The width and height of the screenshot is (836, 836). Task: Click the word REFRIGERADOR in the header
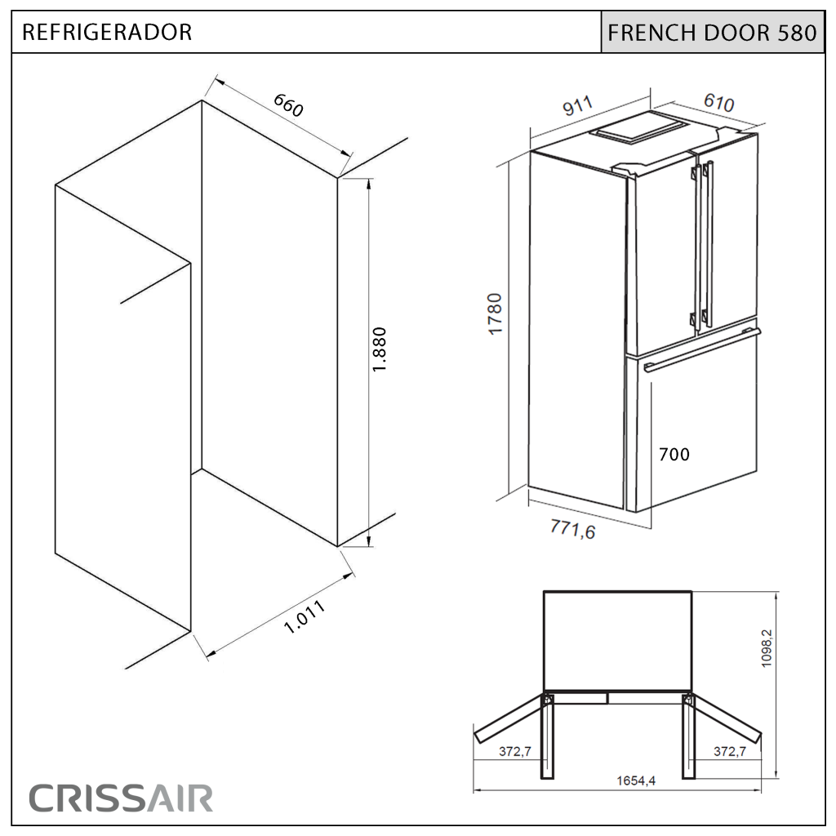(107, 32)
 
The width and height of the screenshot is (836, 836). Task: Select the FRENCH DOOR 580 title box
(712, 32)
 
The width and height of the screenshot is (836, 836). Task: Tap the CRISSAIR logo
(121, 798)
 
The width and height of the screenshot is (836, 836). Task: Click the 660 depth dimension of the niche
(288, 105)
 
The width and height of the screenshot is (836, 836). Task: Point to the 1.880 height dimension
(379, 349)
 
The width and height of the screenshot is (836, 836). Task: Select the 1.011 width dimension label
(304, 617)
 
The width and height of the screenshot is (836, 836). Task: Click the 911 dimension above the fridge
(577, 105)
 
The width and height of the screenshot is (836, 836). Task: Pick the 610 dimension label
(718, 102)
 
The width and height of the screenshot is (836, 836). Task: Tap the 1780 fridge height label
(496, 314)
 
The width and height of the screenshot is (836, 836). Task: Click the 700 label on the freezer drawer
(674, 454)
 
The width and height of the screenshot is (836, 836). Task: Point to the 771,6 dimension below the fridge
(572, 529)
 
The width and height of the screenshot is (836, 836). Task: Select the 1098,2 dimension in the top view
(767, 647)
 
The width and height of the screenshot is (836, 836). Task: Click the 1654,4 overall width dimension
(636, 780)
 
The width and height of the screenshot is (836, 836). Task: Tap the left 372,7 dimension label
(515, 751)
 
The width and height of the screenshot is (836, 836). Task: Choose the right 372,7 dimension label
(729, 751)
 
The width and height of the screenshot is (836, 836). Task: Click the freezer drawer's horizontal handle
(702, 349)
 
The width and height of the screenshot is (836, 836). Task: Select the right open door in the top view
(725, 718)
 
